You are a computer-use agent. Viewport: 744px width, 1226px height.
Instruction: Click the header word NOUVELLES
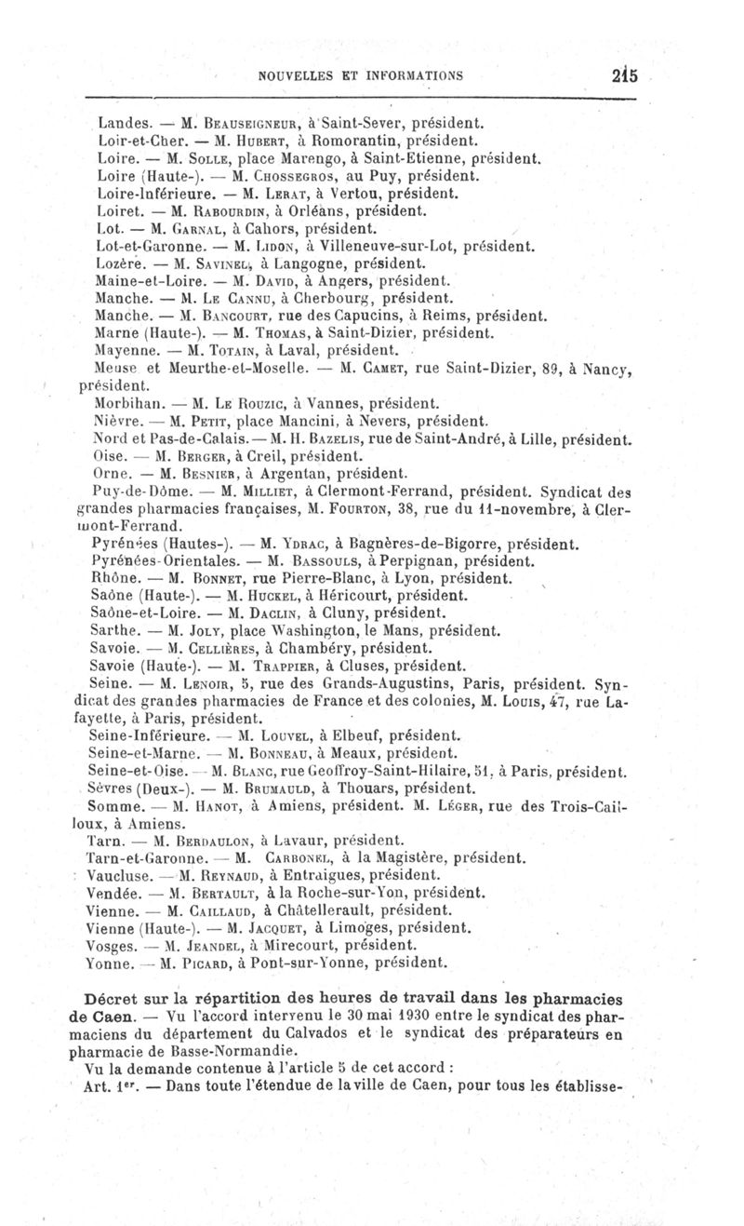tap(296, 77)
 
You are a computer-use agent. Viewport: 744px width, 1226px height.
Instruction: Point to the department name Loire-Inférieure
tap(149, 194)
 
